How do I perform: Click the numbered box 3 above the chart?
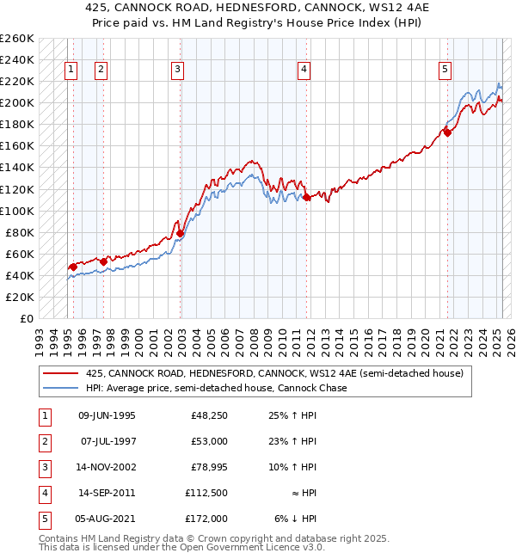[x=177, y=71]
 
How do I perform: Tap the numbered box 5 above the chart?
[x=445, y=71]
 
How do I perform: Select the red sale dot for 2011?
[x=307, y=198]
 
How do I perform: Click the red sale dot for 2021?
[x=447, y=133]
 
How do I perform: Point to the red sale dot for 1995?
[x=73, y=267]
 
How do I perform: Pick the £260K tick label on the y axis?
[x=17, y=39]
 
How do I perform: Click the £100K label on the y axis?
[x=17, y=211]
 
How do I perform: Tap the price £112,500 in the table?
[x=206, y=493]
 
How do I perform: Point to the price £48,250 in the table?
[x=209, y=415]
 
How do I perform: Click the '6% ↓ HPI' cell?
[x=297, y=519]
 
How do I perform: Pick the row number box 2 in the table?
[x=44, y=441]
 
